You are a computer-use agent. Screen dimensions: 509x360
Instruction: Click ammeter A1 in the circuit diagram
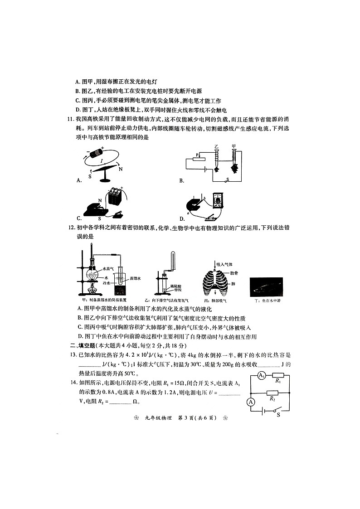click(x=261, y=376)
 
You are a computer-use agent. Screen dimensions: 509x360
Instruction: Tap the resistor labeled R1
click(x=277, y=376)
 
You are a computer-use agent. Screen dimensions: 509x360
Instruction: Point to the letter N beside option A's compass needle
click(x=120, y=169)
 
